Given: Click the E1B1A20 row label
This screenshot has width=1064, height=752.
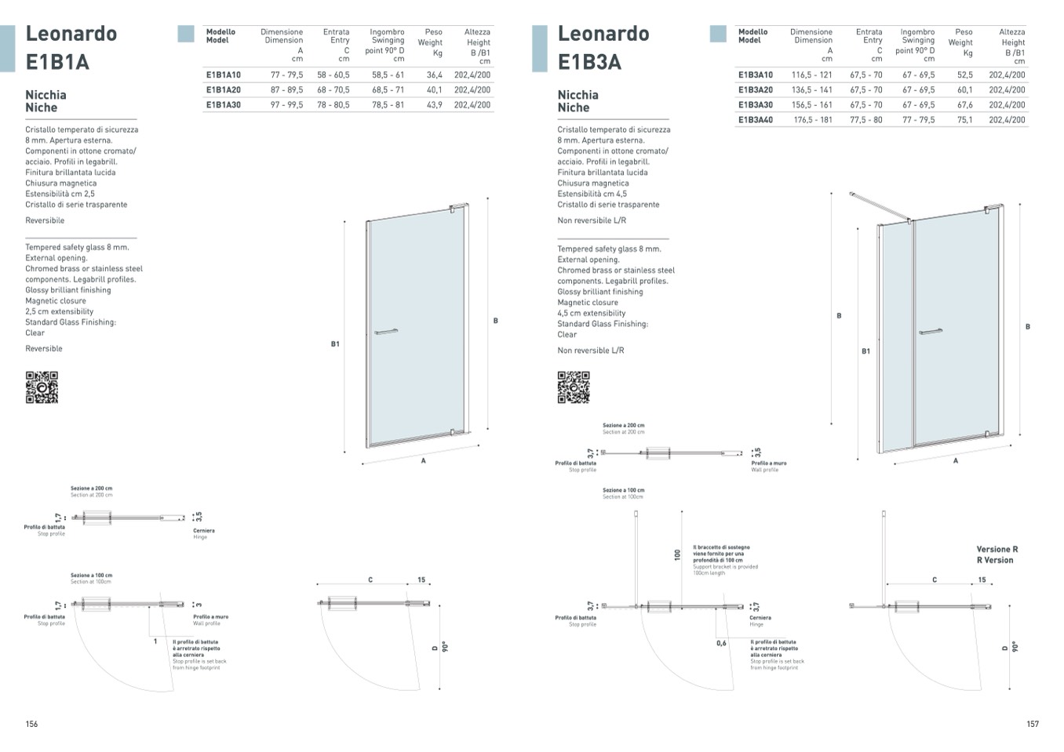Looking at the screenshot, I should click(224, 90).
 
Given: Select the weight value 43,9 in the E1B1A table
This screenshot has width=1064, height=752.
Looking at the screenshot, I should click(434, 105).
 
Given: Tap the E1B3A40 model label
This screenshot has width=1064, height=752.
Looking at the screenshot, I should click(755, 120).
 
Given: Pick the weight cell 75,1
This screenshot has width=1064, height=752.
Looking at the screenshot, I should click(964, 120).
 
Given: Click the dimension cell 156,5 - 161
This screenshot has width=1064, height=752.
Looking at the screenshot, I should click(811, 105).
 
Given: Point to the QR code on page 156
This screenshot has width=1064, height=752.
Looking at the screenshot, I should click(42, 387).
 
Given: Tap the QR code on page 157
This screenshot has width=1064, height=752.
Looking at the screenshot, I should click(574, 387).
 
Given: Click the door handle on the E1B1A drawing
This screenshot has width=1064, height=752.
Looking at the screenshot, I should click(386, 332).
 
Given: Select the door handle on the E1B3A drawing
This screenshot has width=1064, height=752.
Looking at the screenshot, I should click(931, 332).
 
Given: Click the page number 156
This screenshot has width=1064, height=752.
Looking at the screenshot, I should click(31, 724).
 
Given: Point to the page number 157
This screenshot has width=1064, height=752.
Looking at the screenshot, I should click(1033, 724).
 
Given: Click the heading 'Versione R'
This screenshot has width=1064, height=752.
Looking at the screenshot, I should click(997, 550).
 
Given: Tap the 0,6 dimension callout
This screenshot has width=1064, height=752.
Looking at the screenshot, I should click(721, 643).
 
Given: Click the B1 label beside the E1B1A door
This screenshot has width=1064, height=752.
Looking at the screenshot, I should click(335, 344).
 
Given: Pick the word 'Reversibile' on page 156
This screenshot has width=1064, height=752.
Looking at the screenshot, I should click(45, 220).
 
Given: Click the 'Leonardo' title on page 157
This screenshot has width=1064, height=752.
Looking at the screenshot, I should click(603, 34).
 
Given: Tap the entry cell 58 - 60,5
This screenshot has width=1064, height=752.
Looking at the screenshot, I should click(333, 75).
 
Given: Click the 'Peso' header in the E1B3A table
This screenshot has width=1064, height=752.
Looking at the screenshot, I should click(964, 32).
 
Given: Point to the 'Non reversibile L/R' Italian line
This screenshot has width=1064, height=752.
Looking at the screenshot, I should click(592, 220).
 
